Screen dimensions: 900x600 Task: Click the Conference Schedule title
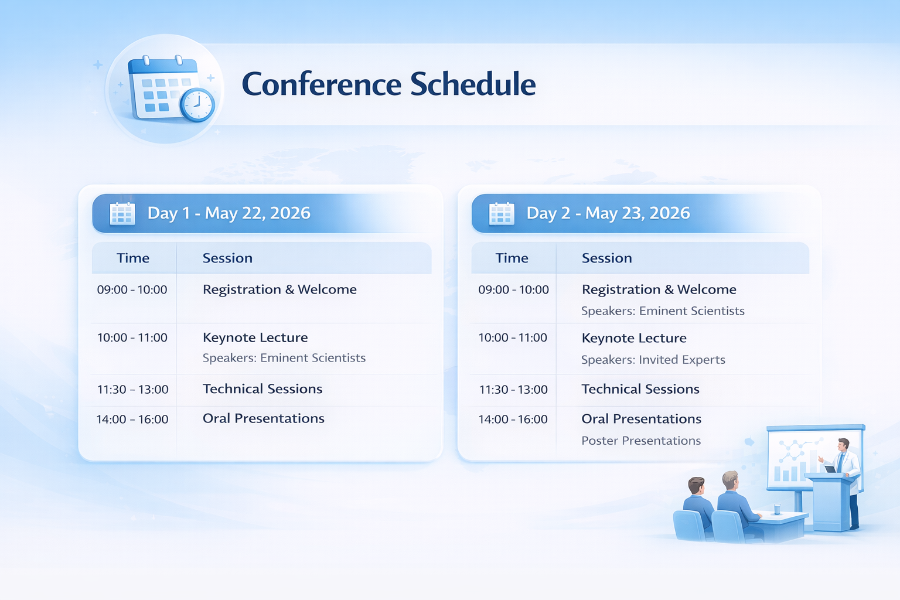tap(388, 84)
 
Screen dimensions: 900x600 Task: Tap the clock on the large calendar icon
tap(197, 104)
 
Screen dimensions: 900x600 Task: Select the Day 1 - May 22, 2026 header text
tap(229, 213)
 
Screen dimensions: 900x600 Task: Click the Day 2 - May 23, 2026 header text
tap(608, 213)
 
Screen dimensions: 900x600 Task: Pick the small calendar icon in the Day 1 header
tap(122, 213)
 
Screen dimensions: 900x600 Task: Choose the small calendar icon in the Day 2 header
tap(502, 213)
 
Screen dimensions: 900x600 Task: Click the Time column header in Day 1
tap(133, 258)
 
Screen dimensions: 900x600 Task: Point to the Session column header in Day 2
tap(606, 258)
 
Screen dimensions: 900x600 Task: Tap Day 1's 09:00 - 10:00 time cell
tap(132, 290)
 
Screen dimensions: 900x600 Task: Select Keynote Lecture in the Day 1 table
tap(255, 337)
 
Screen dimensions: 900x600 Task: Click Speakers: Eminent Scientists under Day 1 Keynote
tap(284, 357)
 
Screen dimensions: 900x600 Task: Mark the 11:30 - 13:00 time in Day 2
tap(513, 390)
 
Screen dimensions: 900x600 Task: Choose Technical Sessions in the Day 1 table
tap(262, 389)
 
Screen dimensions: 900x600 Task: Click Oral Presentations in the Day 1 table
tap(264, 418)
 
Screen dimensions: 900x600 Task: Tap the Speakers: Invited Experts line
tap(653, 360)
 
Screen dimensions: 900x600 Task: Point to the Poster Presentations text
tap(641, 441)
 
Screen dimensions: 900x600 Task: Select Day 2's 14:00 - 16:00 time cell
tap(513, 420)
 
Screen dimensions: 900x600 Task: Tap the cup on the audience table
tap(776, 509)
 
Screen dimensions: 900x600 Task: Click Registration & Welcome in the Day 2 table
tap(659, 289)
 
